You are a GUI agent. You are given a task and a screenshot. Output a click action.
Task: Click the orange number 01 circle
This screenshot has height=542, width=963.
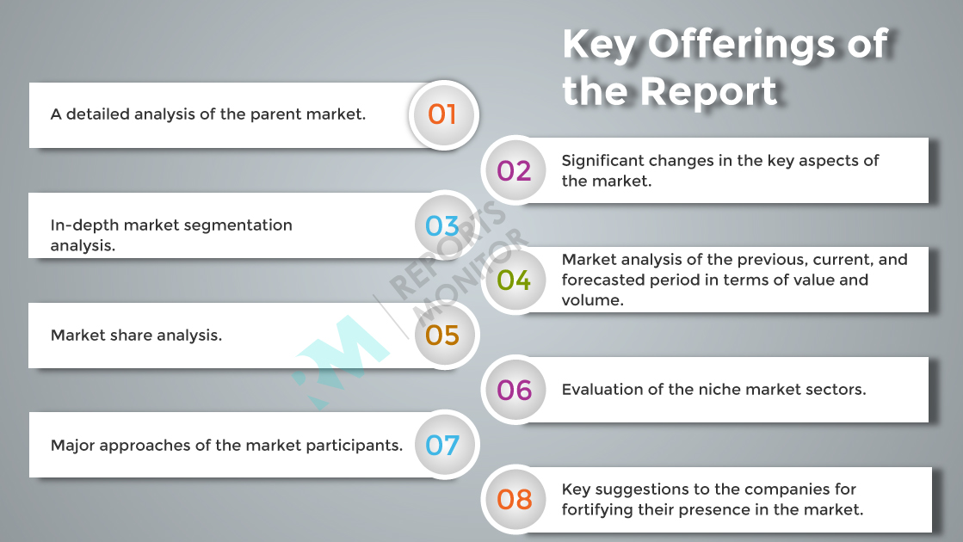pos(443,114)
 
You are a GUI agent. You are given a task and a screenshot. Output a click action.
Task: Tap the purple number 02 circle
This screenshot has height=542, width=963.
pos(515,170)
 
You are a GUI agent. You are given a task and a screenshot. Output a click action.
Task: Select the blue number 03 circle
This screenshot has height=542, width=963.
pos(443,225)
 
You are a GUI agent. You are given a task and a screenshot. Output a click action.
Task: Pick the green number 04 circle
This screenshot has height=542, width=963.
pos(515,280)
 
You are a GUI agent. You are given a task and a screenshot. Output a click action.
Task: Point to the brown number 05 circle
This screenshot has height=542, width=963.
pos(443,336)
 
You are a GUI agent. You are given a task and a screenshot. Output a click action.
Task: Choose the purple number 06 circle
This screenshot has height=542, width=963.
pos(515,390)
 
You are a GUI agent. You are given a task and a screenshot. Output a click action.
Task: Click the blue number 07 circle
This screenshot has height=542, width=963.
pos(443,445)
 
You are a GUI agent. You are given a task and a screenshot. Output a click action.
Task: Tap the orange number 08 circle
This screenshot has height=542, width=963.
pos(515,500)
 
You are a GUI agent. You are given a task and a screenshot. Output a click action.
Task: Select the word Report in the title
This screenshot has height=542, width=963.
pos(708,91)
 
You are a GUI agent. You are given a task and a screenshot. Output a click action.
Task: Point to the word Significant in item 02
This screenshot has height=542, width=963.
pos(600,162)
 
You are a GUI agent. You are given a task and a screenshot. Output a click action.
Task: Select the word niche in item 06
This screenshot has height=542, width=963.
pos(713,390)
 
